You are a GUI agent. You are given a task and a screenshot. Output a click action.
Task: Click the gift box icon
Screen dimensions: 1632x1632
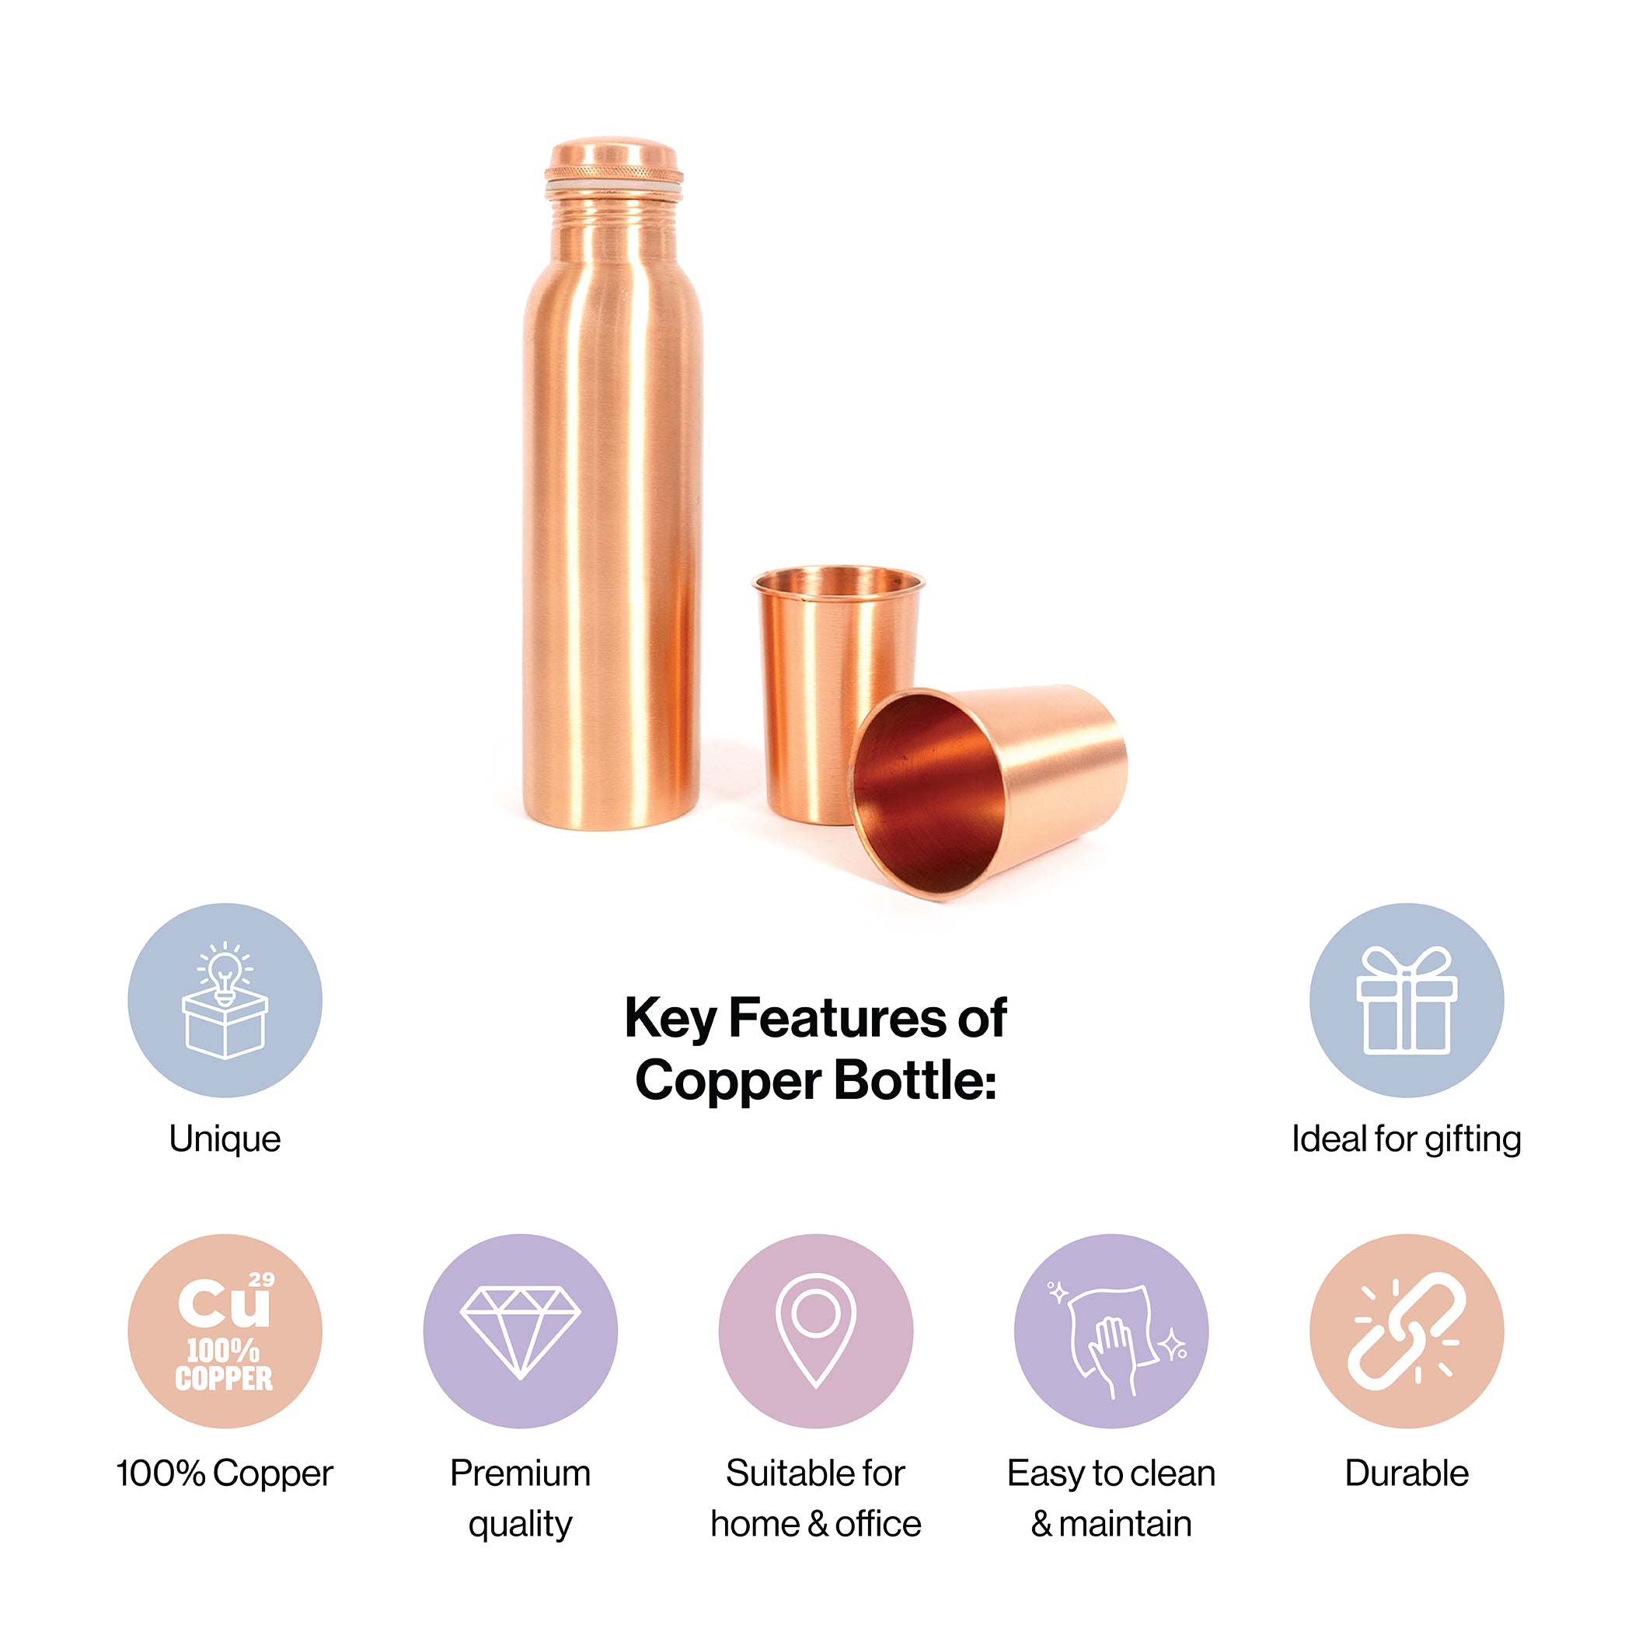[x=1407, y=1000]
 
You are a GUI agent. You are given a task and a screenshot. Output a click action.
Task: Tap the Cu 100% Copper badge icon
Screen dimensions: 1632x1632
[x=225, y=1332]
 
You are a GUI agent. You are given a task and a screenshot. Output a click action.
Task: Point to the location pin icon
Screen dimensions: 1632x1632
[x=816, y=1330]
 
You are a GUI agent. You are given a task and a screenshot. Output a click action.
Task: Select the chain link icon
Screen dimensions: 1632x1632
[x=1407, y=1331]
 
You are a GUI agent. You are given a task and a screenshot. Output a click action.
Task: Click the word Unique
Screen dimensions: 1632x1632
[x=225, y=1139]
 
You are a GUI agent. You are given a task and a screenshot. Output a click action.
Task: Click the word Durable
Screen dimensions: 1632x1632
[x=1407, y=1473]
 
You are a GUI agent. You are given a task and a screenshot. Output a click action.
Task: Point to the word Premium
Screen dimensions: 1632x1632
[x=521, y=1473]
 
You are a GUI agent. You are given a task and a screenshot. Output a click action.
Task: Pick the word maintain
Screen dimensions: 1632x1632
[x=1125, y=1525]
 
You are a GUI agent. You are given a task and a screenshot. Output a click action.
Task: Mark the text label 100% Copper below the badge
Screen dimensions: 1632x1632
[x=225, y=1473]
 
